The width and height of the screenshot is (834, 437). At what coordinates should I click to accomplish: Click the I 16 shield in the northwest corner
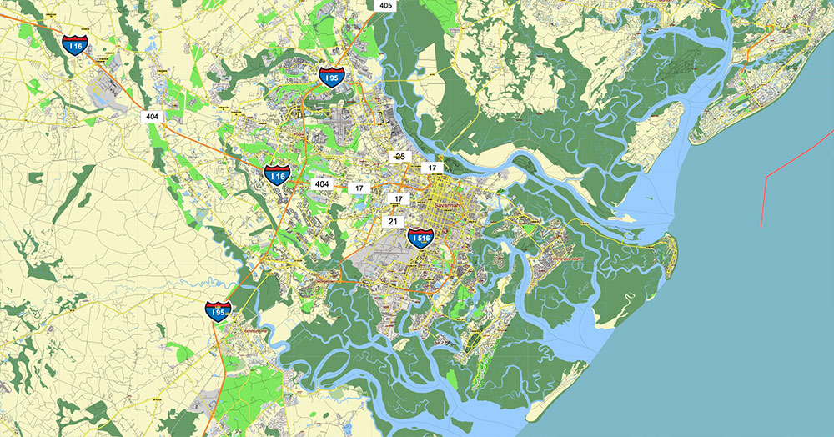(76, 45)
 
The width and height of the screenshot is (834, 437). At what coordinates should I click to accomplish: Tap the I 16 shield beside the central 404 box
(277, 175)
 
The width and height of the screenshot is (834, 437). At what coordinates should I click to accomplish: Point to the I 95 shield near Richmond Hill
(219, 312)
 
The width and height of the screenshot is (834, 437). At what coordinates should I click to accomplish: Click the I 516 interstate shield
(420, 238)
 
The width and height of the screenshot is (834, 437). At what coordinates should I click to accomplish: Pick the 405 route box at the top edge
(385, 5)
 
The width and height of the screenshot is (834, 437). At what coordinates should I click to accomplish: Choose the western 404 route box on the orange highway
(152, 116)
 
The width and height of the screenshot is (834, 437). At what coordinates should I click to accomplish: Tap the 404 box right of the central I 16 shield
(321, 183)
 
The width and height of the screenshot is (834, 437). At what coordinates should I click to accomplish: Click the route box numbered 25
(399, 157)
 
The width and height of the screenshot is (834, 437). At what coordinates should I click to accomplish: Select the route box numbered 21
(393, 221)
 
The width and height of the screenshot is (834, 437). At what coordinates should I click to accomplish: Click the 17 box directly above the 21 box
(399, 199)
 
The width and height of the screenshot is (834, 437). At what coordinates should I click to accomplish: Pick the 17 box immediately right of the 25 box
(432, 168)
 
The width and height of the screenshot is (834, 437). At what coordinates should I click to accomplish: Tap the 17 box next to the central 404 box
(359, 188)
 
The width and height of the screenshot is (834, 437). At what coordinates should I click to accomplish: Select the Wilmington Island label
(567, 259)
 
